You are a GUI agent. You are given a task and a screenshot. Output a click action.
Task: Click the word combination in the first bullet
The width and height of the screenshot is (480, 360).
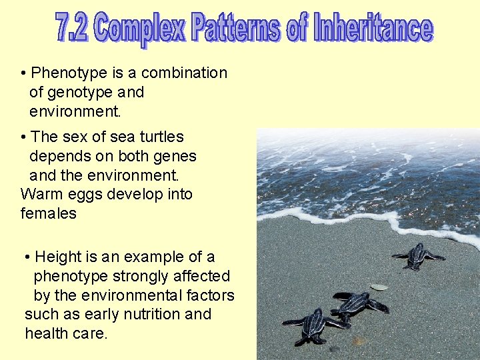coord(185,73)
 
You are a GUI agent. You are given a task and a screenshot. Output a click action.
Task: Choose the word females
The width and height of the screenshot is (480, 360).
coord(48,214)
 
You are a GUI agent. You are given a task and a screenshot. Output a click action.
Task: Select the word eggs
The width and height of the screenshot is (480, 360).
coord(84,195)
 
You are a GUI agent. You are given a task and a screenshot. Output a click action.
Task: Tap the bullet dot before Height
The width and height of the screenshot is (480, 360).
coord(26,257)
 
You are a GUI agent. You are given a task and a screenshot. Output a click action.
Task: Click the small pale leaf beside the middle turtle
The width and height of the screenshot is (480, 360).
coord(379,287)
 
